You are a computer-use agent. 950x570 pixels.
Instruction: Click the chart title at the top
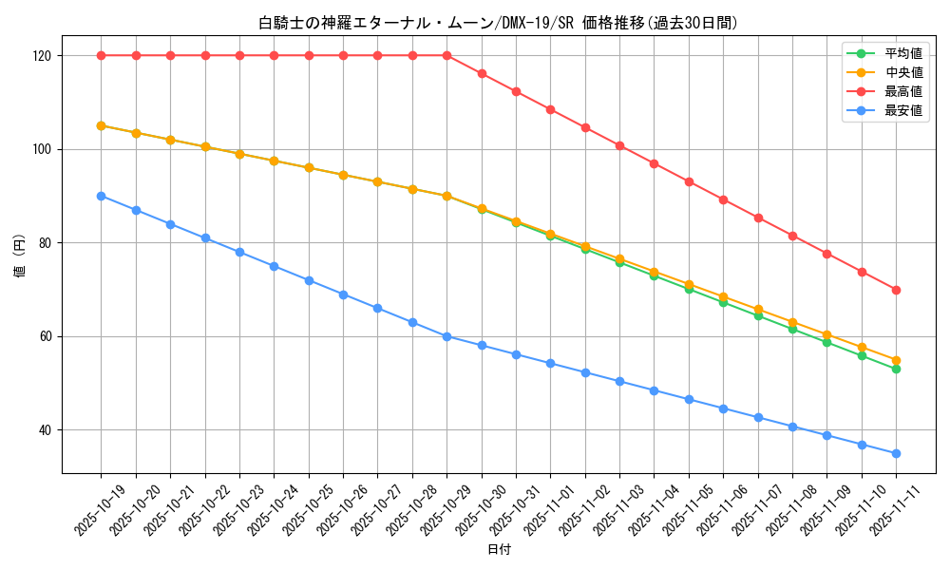click(498, 23)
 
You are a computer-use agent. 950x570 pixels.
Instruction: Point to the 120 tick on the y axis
click(44, 55)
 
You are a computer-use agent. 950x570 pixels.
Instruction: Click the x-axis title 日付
click(499, 550)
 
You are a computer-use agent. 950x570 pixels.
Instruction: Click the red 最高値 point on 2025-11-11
click(896, 290)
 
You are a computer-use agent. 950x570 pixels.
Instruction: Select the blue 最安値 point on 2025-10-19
click(101, 196)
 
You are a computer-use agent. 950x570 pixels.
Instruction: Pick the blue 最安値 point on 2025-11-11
click(896, 453)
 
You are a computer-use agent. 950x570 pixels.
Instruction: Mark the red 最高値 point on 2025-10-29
click(446, 55)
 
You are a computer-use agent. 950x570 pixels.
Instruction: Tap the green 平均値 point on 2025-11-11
click(896, 369)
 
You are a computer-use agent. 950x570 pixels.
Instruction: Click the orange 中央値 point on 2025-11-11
click(896, 360)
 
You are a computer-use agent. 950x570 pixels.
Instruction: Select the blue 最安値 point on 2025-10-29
click(446, 336)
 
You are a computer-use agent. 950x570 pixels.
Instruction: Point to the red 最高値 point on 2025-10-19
click(101, 55)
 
